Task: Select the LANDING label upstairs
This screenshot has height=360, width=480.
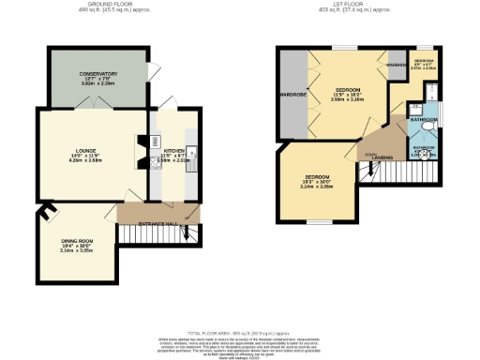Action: tap(382, 158)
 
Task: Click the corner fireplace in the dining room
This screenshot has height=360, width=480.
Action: tap(44, 215)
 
